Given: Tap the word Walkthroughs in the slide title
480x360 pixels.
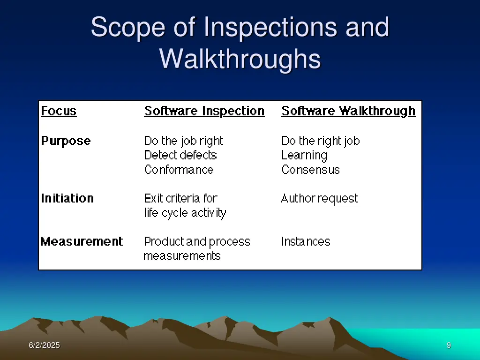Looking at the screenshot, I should (x=240, y=60).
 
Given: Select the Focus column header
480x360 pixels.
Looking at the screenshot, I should (x=59, y=111).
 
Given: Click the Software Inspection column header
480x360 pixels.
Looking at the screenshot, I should (x=204, y=111).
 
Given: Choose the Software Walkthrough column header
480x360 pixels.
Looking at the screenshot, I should (x=348, y=111).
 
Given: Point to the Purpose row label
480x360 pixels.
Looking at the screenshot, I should (x=66, y=141).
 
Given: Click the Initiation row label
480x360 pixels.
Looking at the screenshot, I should (x=67, y=198).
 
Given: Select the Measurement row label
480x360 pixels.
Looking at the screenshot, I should (x=82, y=241).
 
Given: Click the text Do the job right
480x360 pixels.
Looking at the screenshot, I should (x=184, y=141).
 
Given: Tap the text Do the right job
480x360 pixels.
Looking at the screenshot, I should (x=321, y=141).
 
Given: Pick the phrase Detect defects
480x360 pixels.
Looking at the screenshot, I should (x=180, y=155).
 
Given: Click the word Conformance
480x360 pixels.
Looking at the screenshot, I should (x=179, y=170).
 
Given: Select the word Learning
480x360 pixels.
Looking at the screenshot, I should (x=304, y=156).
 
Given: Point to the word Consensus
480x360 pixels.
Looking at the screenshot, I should (x=310, y=170).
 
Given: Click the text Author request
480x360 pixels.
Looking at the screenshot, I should (x=319, y=199).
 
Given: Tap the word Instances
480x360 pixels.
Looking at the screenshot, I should (x=306, y=241).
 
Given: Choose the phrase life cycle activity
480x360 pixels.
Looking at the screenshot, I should (x=185, y=213).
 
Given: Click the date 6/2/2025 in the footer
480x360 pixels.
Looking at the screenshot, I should (x=44, y=345).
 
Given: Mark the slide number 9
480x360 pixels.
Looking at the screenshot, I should (x=449, y=345).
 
